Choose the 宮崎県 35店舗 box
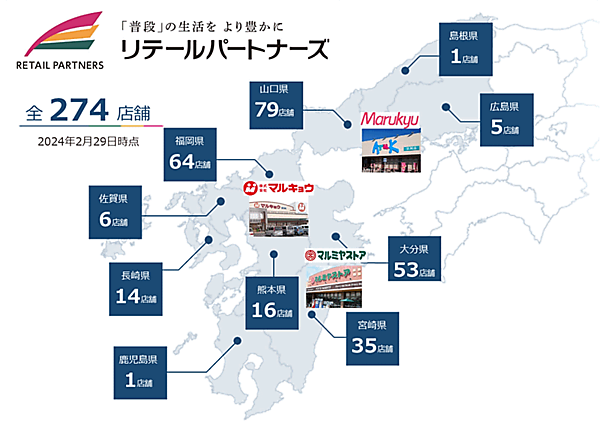[374, 341]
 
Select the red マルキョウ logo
[277, 187]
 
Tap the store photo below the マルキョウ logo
[277, 214]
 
